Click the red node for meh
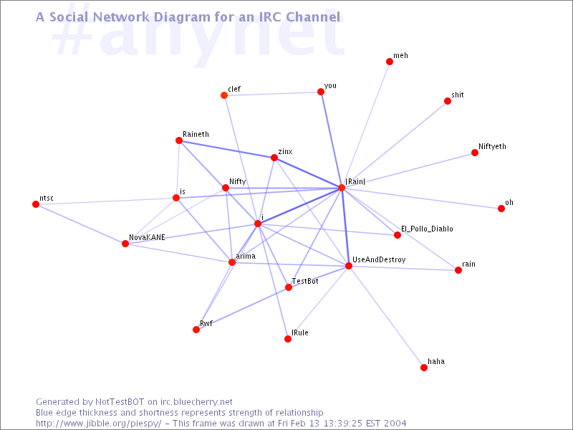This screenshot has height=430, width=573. pyautogui.click(x=390, y=62)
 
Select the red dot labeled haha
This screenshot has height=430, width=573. pyautogui.click(x=424, y=368)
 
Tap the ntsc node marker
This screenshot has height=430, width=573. pyautogui.click(x=36, y=204)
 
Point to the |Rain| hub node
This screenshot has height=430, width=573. pyautogui.click(x=342, y=188)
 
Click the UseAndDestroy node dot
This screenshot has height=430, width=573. pyautogui.click(x=349, y=266)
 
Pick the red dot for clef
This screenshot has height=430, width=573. pyautogui.click(x=224, y=95)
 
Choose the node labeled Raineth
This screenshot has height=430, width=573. pyautogui.click(x=179, y=140)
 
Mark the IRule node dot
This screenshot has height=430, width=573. pyautogui.click(x=288, y=339)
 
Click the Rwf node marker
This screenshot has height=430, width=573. pyautogui.click(x=196, y=330)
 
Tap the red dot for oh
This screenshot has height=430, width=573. pyautogui.click(x=501, y=209)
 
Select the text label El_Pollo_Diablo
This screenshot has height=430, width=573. pyautogui.click(x=427, y=229)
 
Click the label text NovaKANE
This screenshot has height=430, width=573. pyautogui.click(x=147, y=237)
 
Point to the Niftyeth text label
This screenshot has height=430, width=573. pyautogui.click(x=492, y=147)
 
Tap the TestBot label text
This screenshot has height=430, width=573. pyautogui.click(x=305, y=281)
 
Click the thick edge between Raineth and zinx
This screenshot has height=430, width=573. pyautogui.click(x=226, y=149)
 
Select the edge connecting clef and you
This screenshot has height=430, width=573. pyautogui.click(x=273, y=94)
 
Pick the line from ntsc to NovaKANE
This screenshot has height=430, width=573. pyautogui.click(x=80, y=224)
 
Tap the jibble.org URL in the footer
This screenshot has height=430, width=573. pyautogui.click(x=98, y=424)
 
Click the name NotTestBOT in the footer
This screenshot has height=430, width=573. pyautogui.click(x=120, y=402)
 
